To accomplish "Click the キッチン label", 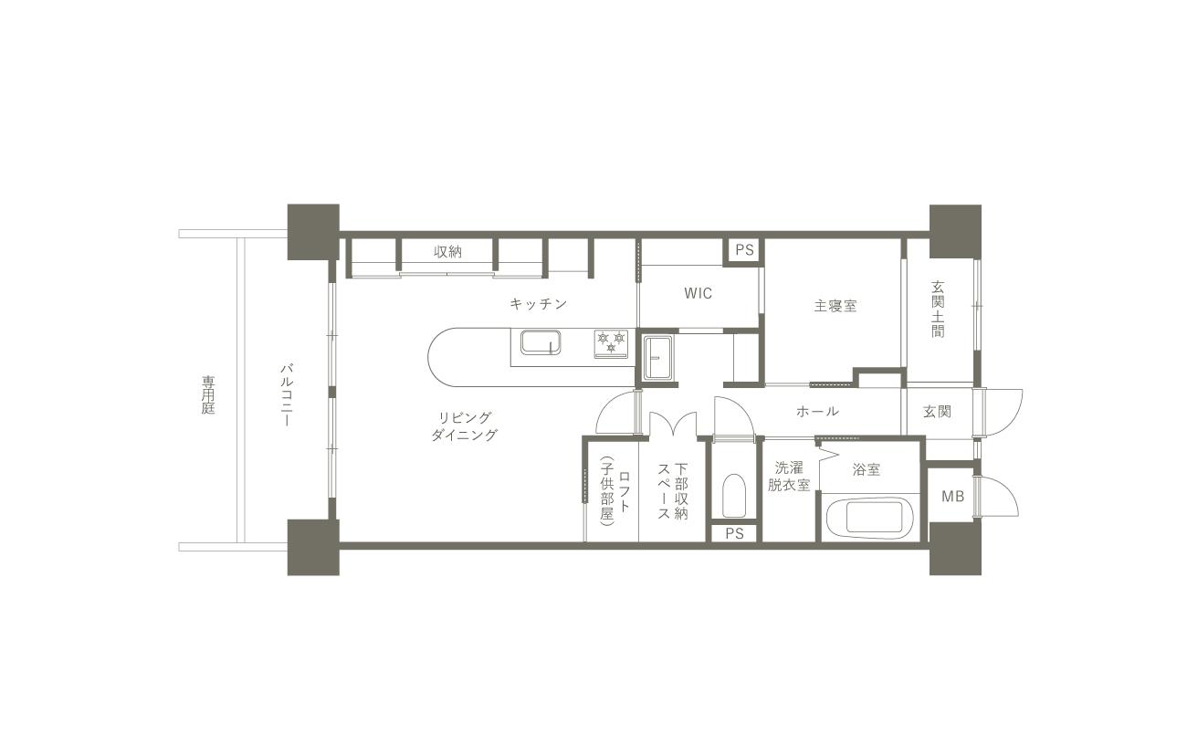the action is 539,304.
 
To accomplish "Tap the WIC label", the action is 698,293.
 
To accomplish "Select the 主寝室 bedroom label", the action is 835,306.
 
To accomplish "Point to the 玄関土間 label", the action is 938,310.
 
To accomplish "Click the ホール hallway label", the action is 817,411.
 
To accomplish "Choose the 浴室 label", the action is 867,469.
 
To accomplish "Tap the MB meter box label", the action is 952,497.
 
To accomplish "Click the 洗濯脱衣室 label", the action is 789,477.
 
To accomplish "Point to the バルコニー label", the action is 288,394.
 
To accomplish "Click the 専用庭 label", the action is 208,394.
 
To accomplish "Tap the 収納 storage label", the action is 447,252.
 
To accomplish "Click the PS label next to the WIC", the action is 744,250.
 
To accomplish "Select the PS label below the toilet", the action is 734,533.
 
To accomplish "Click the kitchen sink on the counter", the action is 541,342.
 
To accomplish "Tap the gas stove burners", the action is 611,343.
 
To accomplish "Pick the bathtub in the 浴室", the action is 875,518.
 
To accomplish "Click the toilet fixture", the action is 734,496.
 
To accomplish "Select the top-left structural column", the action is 313,232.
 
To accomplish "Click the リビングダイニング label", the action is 465,426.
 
